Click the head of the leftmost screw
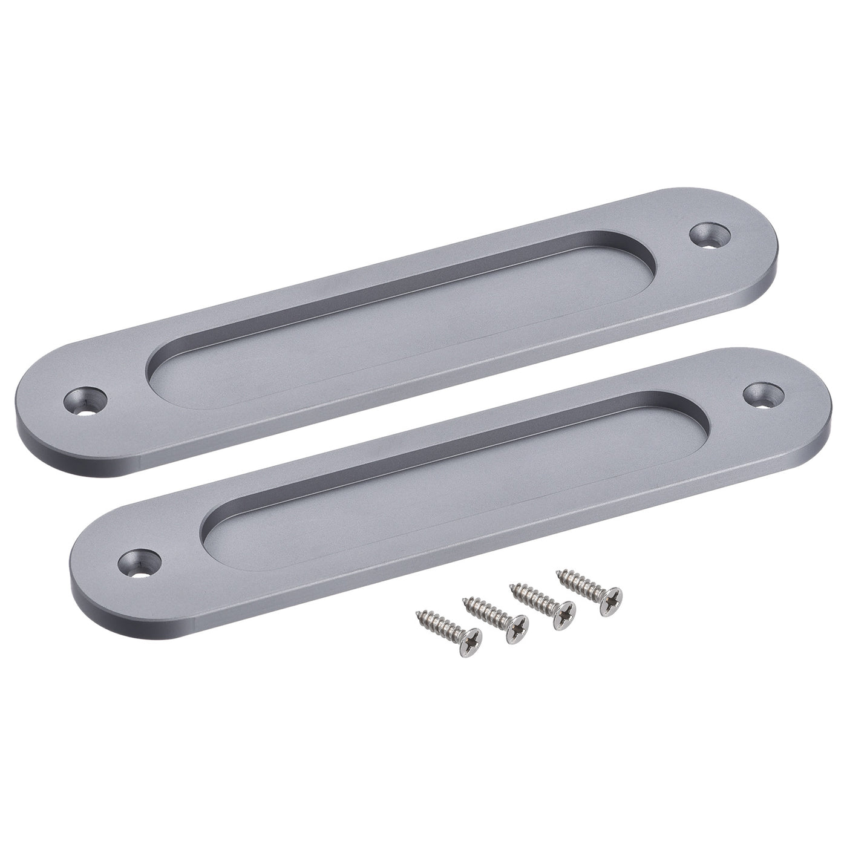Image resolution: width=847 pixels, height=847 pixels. pyautogui.click(x=471, y=636)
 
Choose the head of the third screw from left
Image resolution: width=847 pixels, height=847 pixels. pyautogui.click(x=565, y=613)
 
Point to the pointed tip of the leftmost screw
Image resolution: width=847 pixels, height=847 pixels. pyautogui.click(x=417, y=615)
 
